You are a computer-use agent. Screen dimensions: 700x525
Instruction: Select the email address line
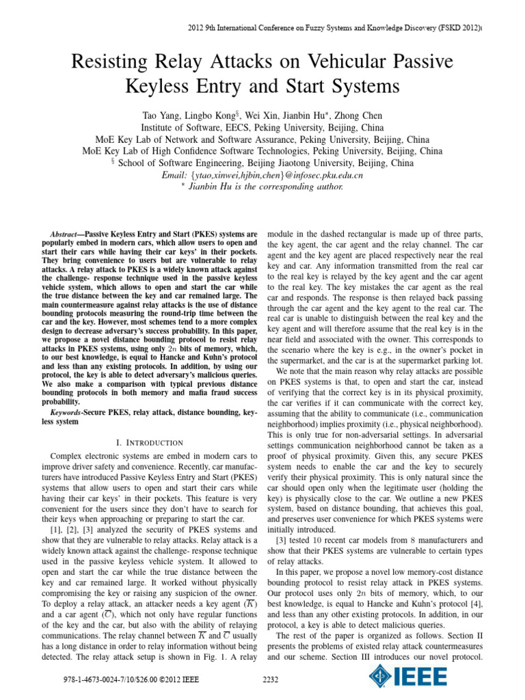point(262,175)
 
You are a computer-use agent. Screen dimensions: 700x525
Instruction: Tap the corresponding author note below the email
point(262,187)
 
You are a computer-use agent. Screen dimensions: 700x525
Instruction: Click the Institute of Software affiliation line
point(262,128)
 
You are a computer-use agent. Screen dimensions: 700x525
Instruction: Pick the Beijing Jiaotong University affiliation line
point(262,163)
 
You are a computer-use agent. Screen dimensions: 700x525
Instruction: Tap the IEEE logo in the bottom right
point(409,677)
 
